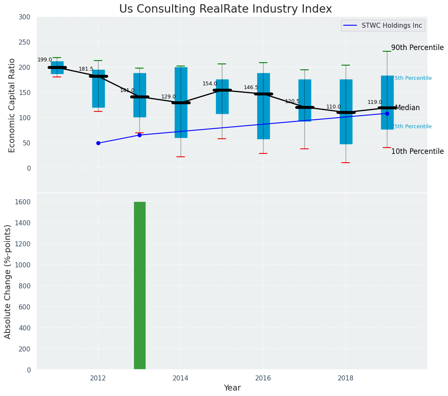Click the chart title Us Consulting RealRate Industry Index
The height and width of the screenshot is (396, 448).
pyautogui.click(x=225, y=9)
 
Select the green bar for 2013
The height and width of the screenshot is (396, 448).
pyautogui.click(x=140, y=285)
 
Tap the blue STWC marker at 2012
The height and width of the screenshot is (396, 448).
pyautogui.click(x=98, y=143)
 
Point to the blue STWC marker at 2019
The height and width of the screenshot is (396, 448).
pyautogui.click(x=387, y=114)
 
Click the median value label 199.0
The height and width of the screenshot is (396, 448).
pyautogui.click(x=45, y=60)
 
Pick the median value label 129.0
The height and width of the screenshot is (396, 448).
pyautogui.click(x=168, y=97)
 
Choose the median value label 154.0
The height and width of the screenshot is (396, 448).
pyautogui.click(x=210, y=84)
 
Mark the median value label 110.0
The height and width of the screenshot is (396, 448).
pyautogui.click(x=333, y=107)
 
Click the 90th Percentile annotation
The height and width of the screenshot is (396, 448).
pyautogui.click(x=417, y=48)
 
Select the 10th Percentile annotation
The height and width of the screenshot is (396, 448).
pyautogui.click(x=417, y=152)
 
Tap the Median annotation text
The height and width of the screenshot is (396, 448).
pyautogui.click(x=407, y=108)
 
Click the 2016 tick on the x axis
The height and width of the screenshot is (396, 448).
pyautogui.click(x=264, y=378)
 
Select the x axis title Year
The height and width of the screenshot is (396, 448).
pyautogui.click(x=232, y=388)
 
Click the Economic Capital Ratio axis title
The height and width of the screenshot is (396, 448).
pyautogui.click(x=12, y=105)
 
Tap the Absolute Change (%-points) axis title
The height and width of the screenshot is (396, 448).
pyautogui.click(x=8, y=281)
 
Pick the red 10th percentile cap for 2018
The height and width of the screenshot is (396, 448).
pyautogui.click(x=346, y=163)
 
